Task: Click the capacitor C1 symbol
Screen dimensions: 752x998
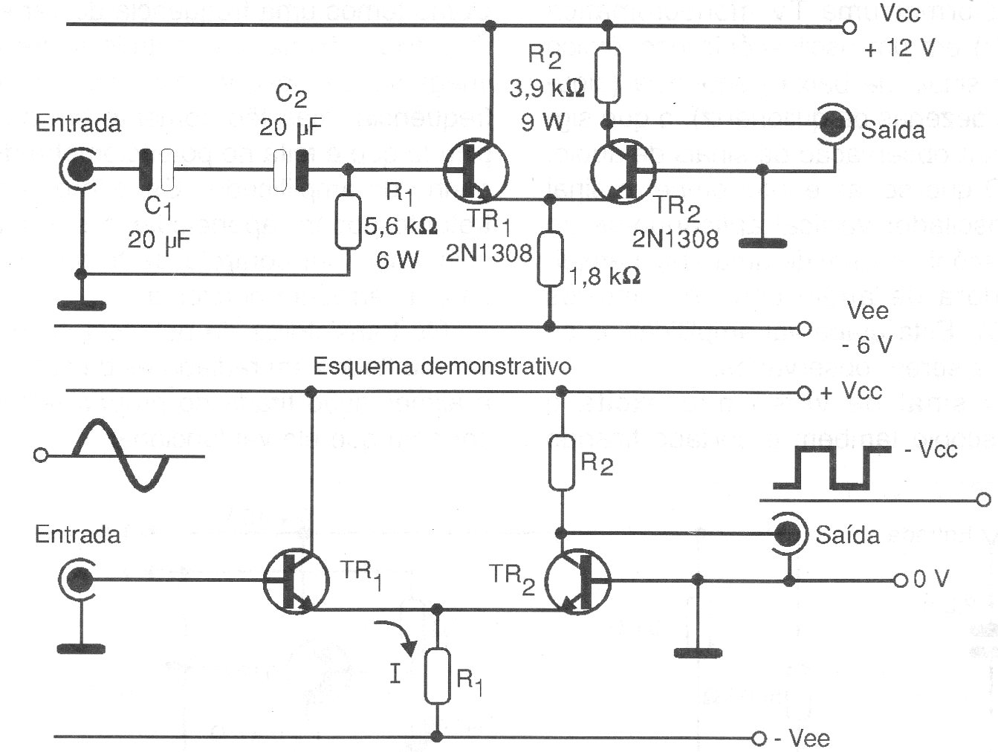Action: click(x=157, y=170)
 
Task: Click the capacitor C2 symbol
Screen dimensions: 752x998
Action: click(x=291, y=170)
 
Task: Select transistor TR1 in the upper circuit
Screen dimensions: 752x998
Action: click(x=476, y=171)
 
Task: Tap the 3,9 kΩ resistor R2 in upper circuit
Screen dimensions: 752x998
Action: click(x=609, y=75)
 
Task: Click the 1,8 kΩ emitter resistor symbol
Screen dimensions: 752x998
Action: click(x=549, y=259)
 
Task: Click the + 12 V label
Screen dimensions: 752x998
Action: click(x=900, y=49)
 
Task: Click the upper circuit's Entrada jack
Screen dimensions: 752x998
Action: click(x=79, y=170)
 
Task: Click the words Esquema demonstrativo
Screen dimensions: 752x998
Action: click(x=442, y=366)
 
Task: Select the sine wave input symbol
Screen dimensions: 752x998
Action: click(x=121, y=455)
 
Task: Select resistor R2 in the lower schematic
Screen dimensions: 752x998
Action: click(x=562, y=464)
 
